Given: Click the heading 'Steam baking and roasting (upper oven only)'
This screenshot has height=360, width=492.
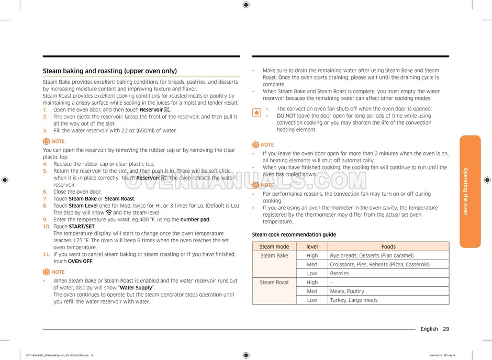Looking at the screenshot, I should click(x=109, y=71).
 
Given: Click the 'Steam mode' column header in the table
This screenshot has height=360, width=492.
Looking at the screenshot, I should click(x=274, y=246).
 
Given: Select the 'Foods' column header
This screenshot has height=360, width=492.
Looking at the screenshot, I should click(x=388, y=246).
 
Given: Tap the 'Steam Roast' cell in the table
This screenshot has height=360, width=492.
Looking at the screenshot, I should click(x=274, y=283).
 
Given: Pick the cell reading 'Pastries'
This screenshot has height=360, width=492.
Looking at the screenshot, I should click(x=339, y=274).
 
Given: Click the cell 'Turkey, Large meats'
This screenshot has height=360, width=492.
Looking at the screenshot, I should click(x=353, y=300).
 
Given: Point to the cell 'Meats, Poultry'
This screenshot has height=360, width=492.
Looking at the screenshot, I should click(x=347, y=291).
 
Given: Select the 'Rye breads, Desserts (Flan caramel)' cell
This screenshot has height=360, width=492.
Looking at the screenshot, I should click(x=372, y=256).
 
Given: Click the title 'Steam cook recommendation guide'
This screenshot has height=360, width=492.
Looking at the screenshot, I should click(x=294, y=235).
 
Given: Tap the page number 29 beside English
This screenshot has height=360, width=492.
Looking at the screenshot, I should click(x=446, y=329).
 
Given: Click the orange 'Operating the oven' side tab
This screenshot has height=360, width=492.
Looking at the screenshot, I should click(x=469, y=191).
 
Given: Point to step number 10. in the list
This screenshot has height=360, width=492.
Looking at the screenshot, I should click(x=47, y=227).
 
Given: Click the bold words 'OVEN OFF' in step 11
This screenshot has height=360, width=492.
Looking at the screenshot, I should click(x=80, y=261).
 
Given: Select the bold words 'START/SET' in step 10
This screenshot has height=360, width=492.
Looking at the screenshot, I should click(x=82, y=227).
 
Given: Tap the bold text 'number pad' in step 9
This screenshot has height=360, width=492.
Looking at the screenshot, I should click(x=195, y=220).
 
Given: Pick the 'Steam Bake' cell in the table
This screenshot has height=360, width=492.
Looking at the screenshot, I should click(x=274, y=256).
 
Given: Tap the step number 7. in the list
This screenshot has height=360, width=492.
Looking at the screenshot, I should click(x=45, y=199).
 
